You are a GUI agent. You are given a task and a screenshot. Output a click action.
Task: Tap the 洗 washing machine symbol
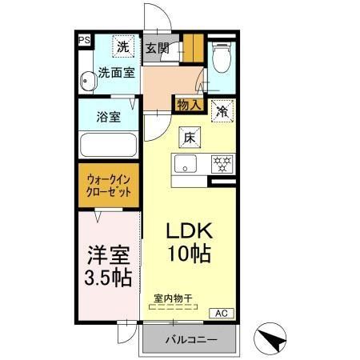pos(122,46)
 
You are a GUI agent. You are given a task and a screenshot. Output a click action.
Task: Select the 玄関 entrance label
pos(155,48)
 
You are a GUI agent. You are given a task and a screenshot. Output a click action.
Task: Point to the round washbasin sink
pos(86,80)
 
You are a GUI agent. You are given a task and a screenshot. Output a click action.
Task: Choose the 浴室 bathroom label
pos(108,117)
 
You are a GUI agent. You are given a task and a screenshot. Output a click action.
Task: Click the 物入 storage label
pos(189,105)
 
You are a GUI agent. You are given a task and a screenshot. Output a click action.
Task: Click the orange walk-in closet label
pos(109,186)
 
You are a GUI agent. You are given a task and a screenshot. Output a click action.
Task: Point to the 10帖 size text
pos(189,256)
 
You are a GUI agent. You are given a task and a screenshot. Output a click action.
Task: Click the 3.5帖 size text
pos(108,279)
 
